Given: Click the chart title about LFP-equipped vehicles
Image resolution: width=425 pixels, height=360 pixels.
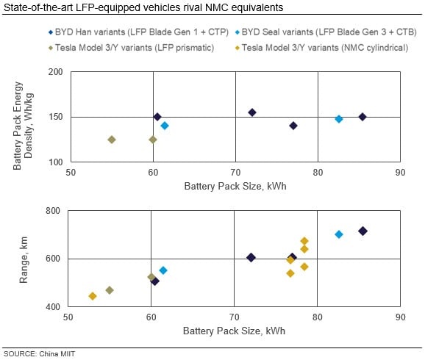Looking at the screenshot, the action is coord(143,7).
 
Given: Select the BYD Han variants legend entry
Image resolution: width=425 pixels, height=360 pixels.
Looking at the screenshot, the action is coord(138,32).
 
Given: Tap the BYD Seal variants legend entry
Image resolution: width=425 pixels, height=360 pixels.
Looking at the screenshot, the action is coord(326,32).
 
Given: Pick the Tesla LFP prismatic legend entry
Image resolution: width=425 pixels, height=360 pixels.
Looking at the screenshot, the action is coord(131,48).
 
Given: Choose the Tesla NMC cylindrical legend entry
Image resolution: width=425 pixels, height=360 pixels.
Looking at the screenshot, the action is coord(322,48).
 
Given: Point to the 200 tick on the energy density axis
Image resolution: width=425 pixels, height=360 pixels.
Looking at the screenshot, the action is coord(56,72).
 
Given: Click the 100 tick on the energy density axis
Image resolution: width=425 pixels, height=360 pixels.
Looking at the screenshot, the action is coord(56,162).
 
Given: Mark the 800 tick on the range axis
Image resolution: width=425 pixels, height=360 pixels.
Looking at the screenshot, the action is coord(53,210).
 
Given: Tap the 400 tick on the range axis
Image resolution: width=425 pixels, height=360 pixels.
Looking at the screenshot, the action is coord(53,306).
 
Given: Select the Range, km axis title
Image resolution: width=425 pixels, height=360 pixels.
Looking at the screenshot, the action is coord(24,260).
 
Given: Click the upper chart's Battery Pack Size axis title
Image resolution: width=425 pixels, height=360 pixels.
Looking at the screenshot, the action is coord(235,186).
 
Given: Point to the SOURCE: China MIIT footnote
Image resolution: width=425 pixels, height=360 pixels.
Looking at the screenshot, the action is coord(39,354).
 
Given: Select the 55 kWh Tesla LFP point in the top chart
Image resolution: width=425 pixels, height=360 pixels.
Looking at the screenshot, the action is coord(112,140).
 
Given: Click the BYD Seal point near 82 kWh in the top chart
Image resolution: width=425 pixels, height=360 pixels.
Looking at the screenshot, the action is coord(339,119).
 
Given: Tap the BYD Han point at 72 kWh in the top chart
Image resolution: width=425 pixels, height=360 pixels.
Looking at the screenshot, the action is coord(252,112).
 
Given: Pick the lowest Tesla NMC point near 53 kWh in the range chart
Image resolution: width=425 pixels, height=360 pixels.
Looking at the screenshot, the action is coord(93,296).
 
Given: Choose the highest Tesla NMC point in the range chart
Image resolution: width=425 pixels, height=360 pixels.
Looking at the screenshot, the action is coord(304,241).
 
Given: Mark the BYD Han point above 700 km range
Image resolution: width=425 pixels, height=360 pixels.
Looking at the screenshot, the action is coord(362,231).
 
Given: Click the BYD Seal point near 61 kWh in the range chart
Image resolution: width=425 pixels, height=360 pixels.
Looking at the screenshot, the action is coord(163,270).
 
